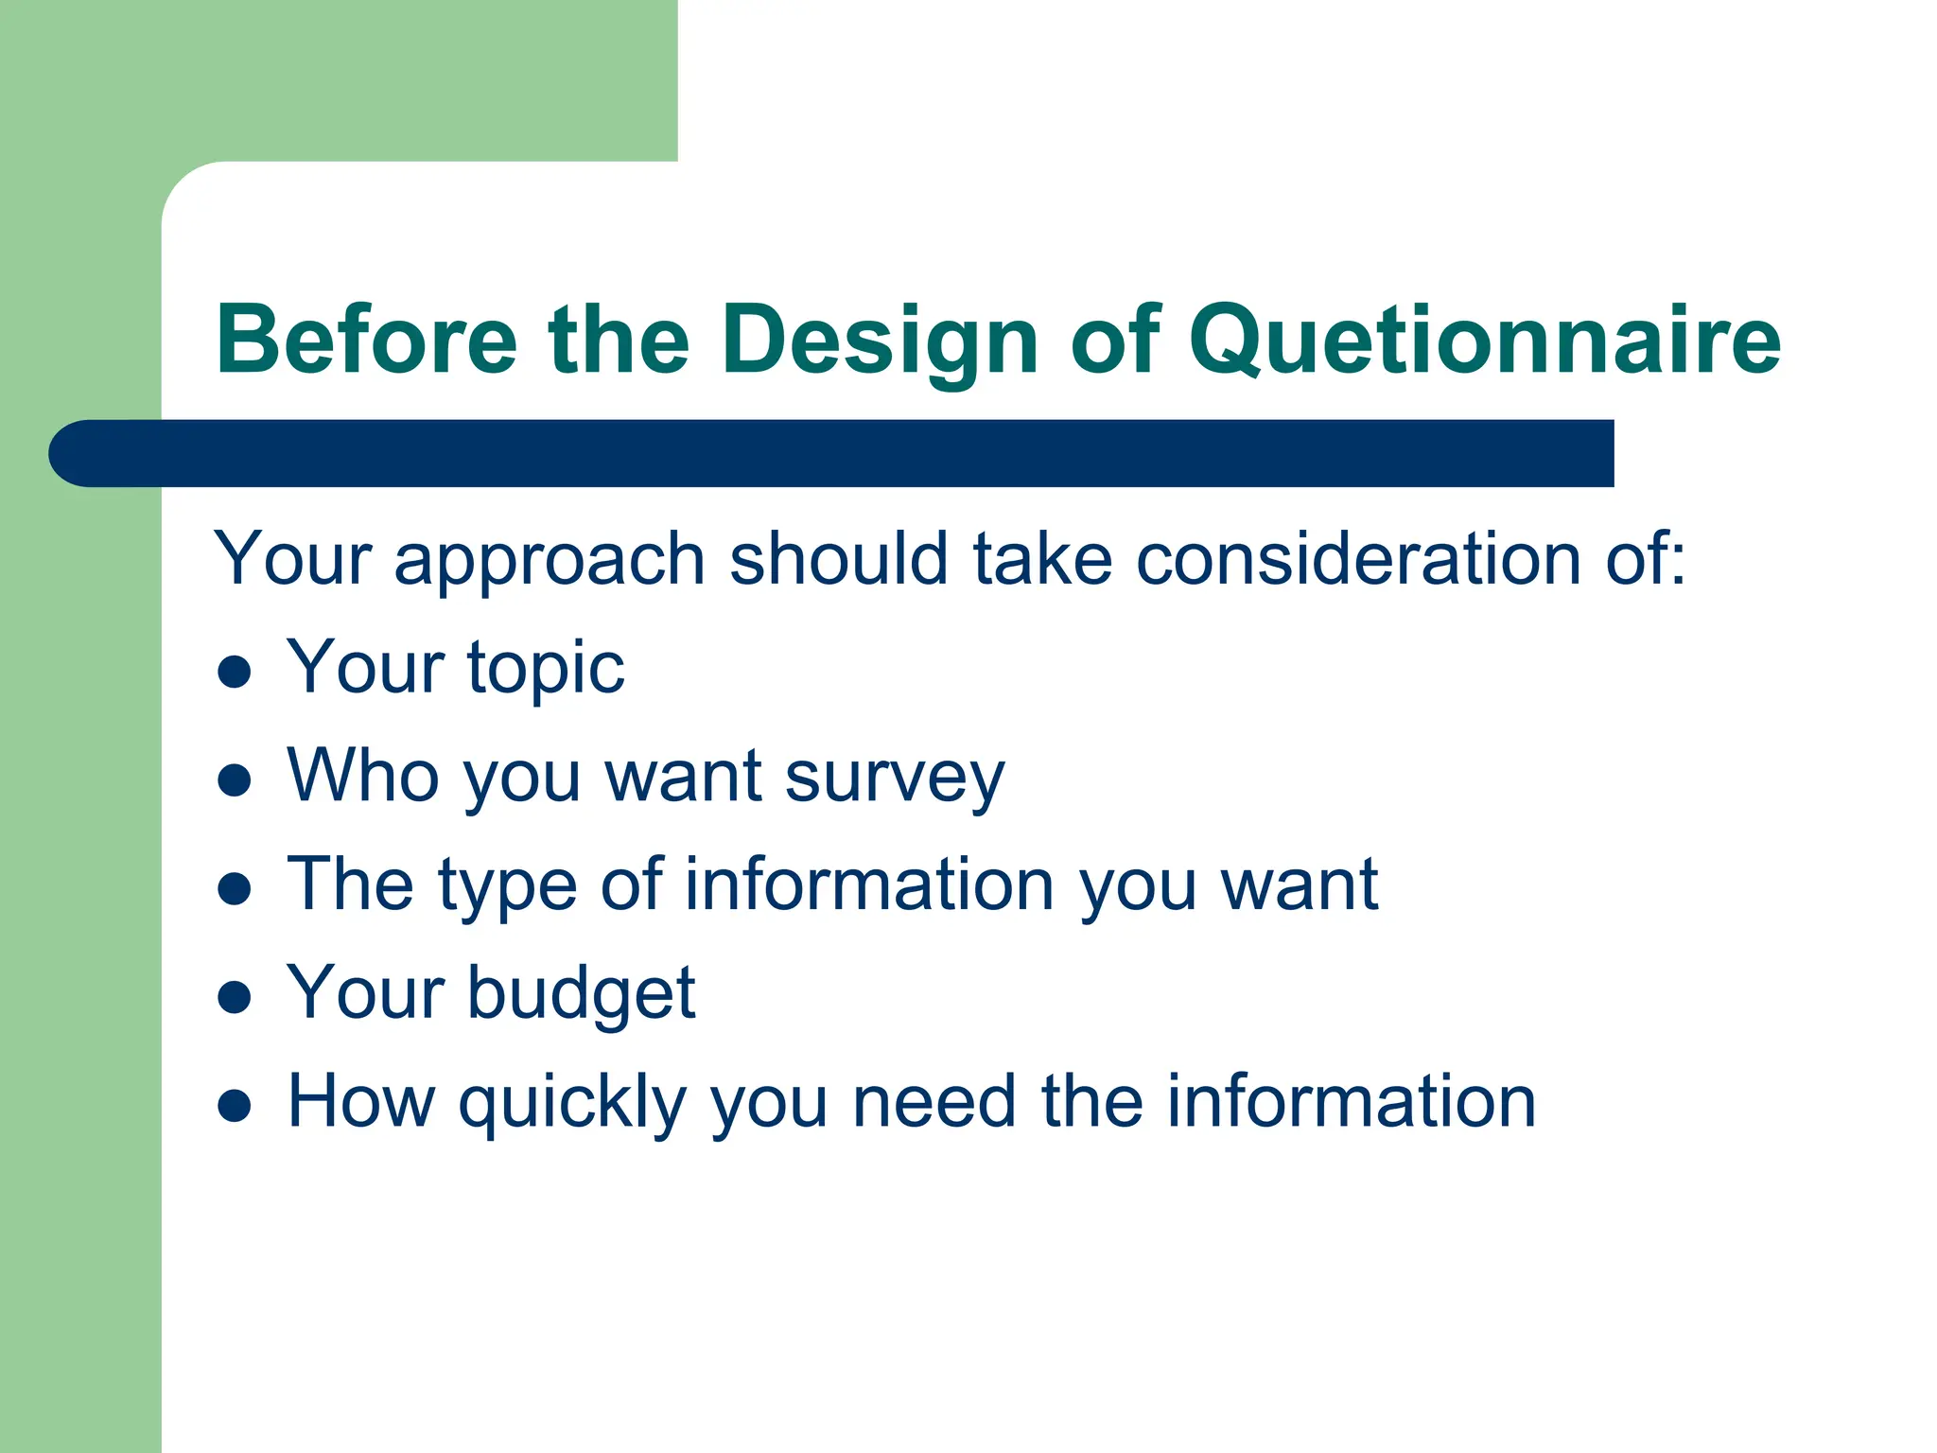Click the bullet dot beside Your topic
[234, 672]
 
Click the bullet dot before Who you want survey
[234, 780]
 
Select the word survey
[894, 779]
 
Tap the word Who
[362, 776]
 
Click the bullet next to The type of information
[234, 888]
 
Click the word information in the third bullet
[868, 884]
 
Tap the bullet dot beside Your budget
[234, 997]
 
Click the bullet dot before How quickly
[234, 1106]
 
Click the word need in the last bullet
[934, 1102]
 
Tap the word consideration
[1358, 560]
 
